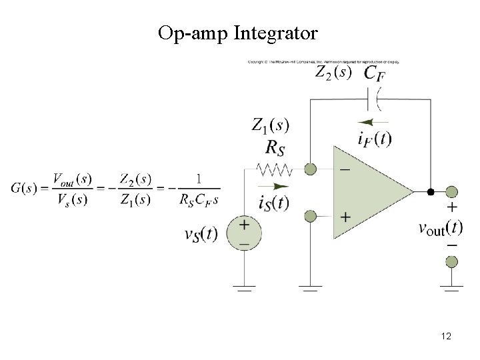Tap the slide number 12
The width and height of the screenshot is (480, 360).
point(446,336)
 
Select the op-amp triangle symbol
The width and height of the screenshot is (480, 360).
point(370,192)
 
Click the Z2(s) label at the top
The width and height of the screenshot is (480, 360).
point(331,71)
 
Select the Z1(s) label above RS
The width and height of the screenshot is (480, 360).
point(270,125)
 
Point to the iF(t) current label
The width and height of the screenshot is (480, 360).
point(375,139)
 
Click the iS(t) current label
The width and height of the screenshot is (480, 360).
point(273,203)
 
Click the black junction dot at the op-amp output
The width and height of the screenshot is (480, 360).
point(431,192)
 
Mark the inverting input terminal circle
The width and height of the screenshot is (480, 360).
point(310,169)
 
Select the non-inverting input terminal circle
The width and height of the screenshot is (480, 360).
point(310,216)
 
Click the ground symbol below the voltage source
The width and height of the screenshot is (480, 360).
point(244,289)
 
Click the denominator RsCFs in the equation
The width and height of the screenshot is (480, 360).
point(198,199)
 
